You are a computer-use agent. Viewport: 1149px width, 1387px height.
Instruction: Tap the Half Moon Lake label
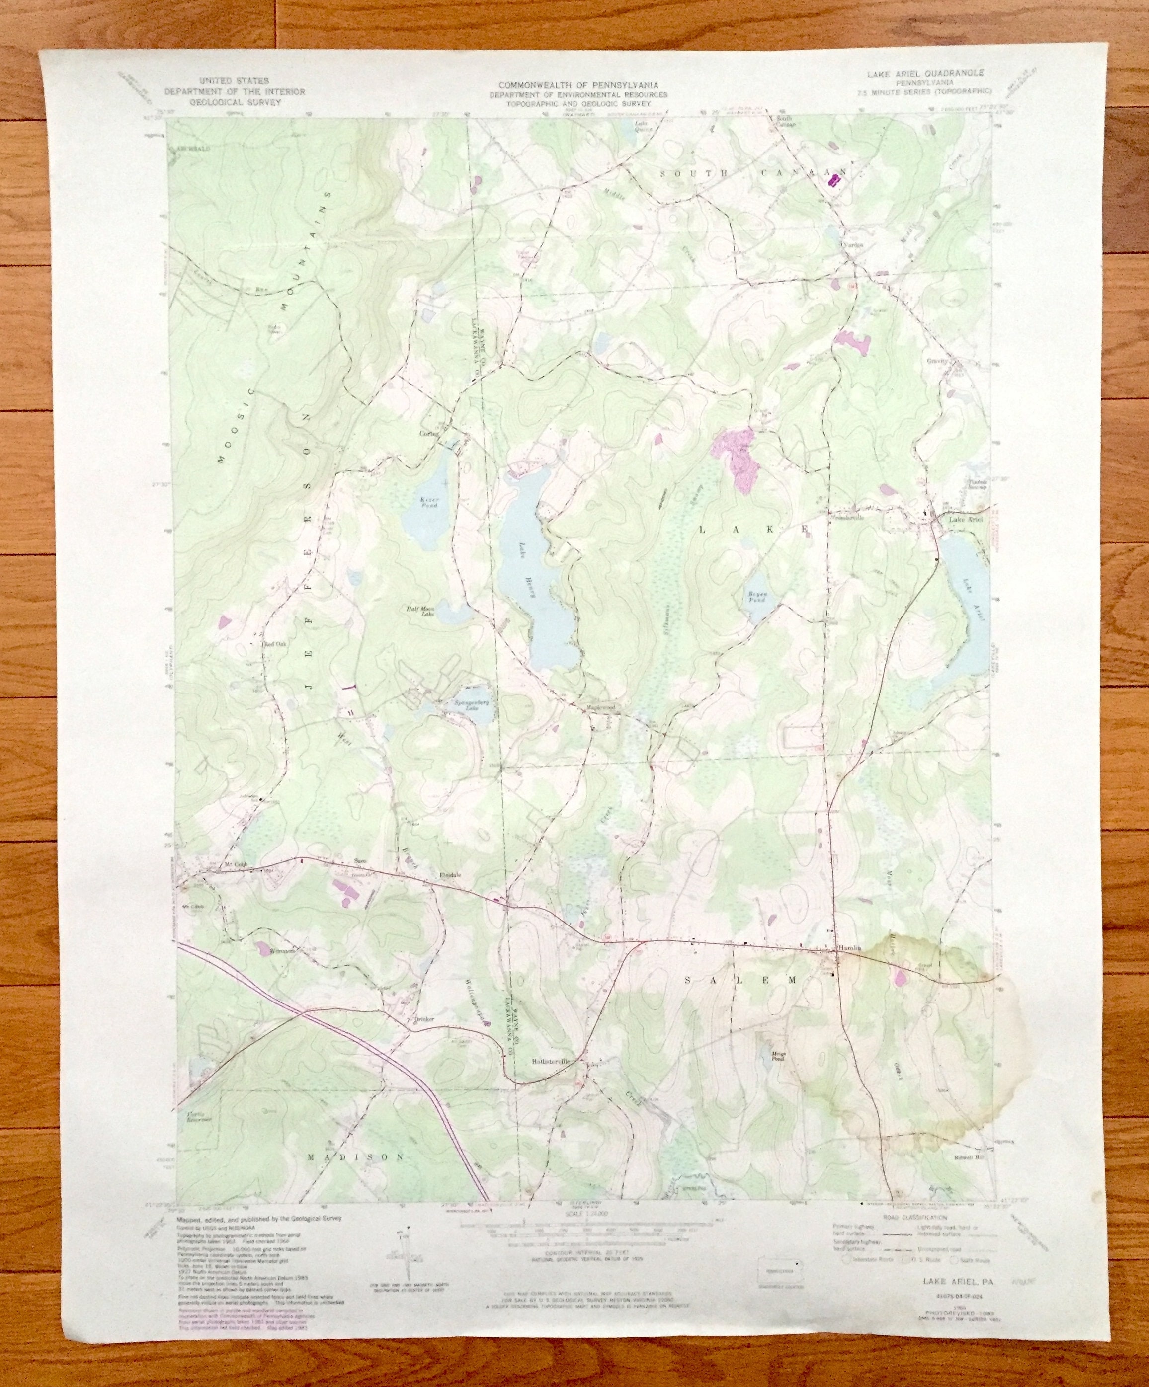pos(419,611)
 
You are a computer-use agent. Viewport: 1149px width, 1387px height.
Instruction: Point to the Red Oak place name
pos(273,643)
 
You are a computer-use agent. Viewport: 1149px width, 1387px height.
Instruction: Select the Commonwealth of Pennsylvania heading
pos(582,85)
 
